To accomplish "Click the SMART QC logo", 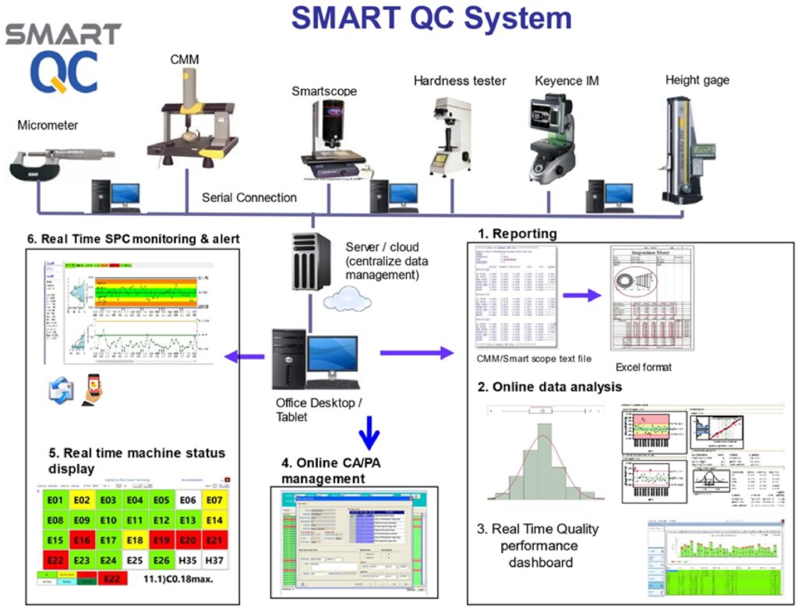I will click(x=62, y=58).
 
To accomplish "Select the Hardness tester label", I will click(x=460, y=80).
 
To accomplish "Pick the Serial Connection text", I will click(x=249, y=197).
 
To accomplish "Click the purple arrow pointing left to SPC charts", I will click(x=242, y=356).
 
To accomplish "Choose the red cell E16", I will click(x=81, y=540).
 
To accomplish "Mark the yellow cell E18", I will click(x=134, y=540).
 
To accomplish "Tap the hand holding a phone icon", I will click(x=92, y=386).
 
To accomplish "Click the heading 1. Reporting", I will click(x=517, y=233).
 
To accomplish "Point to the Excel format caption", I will click(x=644, y=366).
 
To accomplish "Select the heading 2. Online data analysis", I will click(x=549, y=387).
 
